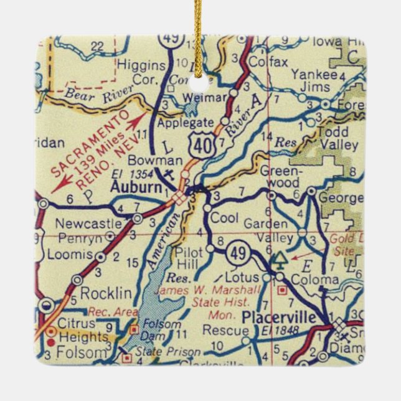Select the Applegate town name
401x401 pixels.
coord(185,122)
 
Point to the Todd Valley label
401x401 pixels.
coord(337,139)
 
